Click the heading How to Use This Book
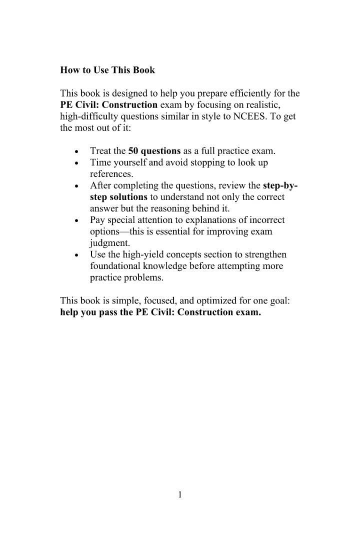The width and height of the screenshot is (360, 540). [107, 70]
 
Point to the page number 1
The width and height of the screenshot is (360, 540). [180, 495]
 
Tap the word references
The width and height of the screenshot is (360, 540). [111, 174]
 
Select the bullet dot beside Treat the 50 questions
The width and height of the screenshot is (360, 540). [76, 151]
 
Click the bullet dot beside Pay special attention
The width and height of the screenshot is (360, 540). [76, 220]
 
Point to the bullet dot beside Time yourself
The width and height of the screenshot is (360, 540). [76, 163]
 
